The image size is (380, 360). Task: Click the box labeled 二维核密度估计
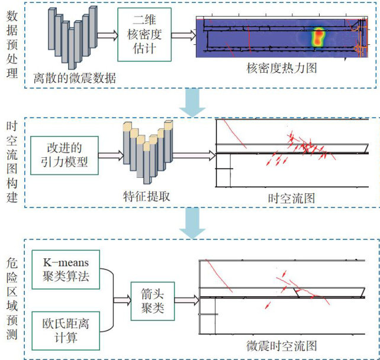pos(147,34)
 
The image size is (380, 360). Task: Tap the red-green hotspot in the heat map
pos(319,37)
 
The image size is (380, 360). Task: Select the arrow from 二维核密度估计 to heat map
pos(185,35)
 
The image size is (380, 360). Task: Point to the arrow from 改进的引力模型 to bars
pos(108,156)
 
